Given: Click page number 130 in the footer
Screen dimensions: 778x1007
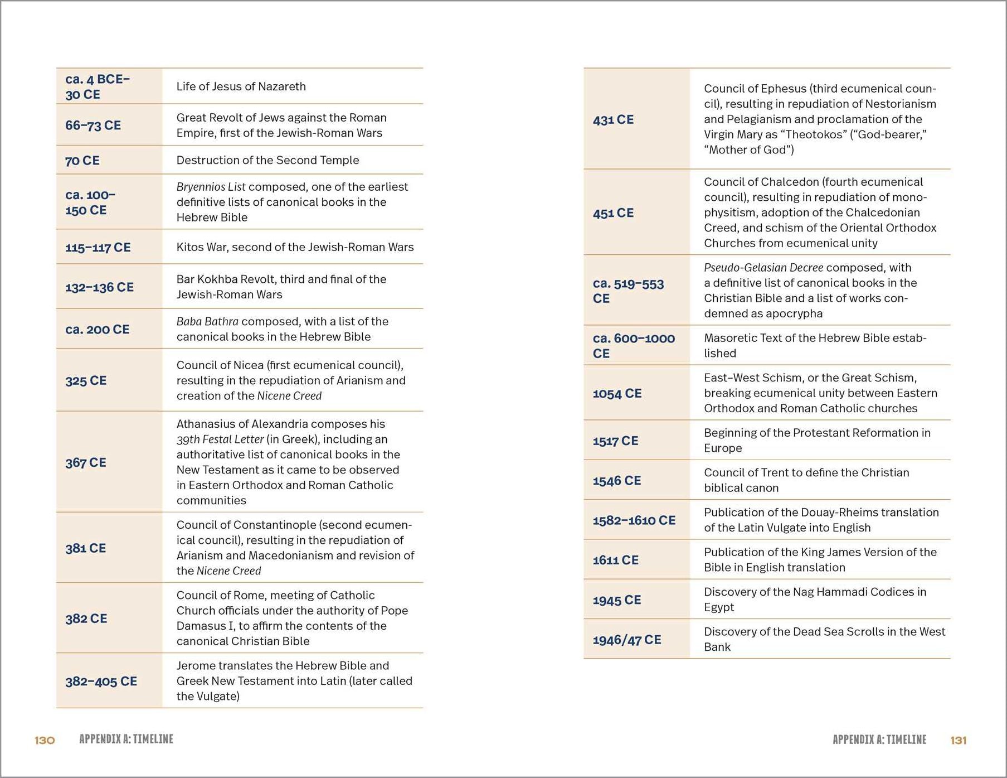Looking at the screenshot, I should click(45, 740).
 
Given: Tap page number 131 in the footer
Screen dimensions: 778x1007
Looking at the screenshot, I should click(959, 740).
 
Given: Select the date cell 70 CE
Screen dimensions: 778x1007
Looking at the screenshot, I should click(82, 161).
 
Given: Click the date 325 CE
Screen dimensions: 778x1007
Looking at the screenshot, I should click(86, 380).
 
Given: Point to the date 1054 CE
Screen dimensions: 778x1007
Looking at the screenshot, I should click(617, 393).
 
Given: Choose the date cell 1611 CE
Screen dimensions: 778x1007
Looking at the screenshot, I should click(615, 560).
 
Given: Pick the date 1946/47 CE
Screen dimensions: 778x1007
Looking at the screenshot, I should click(627, 640).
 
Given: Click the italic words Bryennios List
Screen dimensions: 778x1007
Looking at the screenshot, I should click(211, 187).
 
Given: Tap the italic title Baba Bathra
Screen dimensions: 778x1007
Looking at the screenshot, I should click(207, 321).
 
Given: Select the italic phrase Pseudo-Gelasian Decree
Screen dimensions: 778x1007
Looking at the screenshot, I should click(763, 268).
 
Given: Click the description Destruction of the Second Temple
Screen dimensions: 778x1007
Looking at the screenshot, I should click(267, 160).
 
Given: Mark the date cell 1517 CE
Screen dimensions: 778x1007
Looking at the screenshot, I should click(615, 441).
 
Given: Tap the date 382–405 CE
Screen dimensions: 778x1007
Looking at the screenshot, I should click(101, 681).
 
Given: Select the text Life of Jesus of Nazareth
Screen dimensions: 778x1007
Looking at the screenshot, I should click(241, 86).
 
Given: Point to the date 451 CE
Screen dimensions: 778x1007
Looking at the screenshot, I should click(613, 213).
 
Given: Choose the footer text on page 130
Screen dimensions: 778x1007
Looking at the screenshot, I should click(126, 739).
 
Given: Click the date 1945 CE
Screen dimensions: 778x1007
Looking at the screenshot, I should click(617, 600).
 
